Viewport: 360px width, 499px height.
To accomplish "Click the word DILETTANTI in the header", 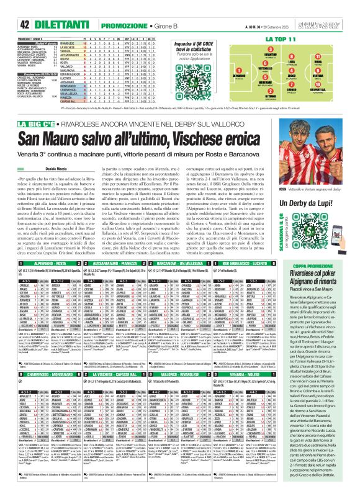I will click(39, 7).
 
